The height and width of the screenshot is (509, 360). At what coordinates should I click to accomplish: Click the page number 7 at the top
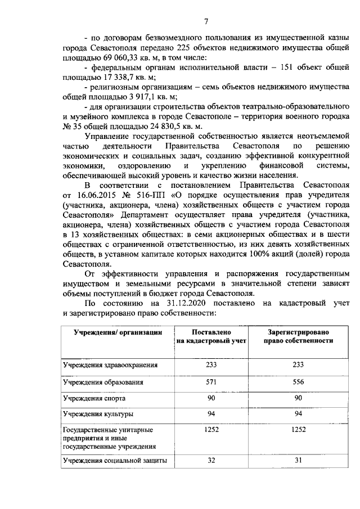click(206, 22)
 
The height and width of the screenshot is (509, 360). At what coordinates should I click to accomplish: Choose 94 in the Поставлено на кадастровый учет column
click(210, 415)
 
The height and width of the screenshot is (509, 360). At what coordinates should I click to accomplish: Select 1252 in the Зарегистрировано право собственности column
click(299, 430)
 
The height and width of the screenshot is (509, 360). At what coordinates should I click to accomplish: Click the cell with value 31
click(299, 461)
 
